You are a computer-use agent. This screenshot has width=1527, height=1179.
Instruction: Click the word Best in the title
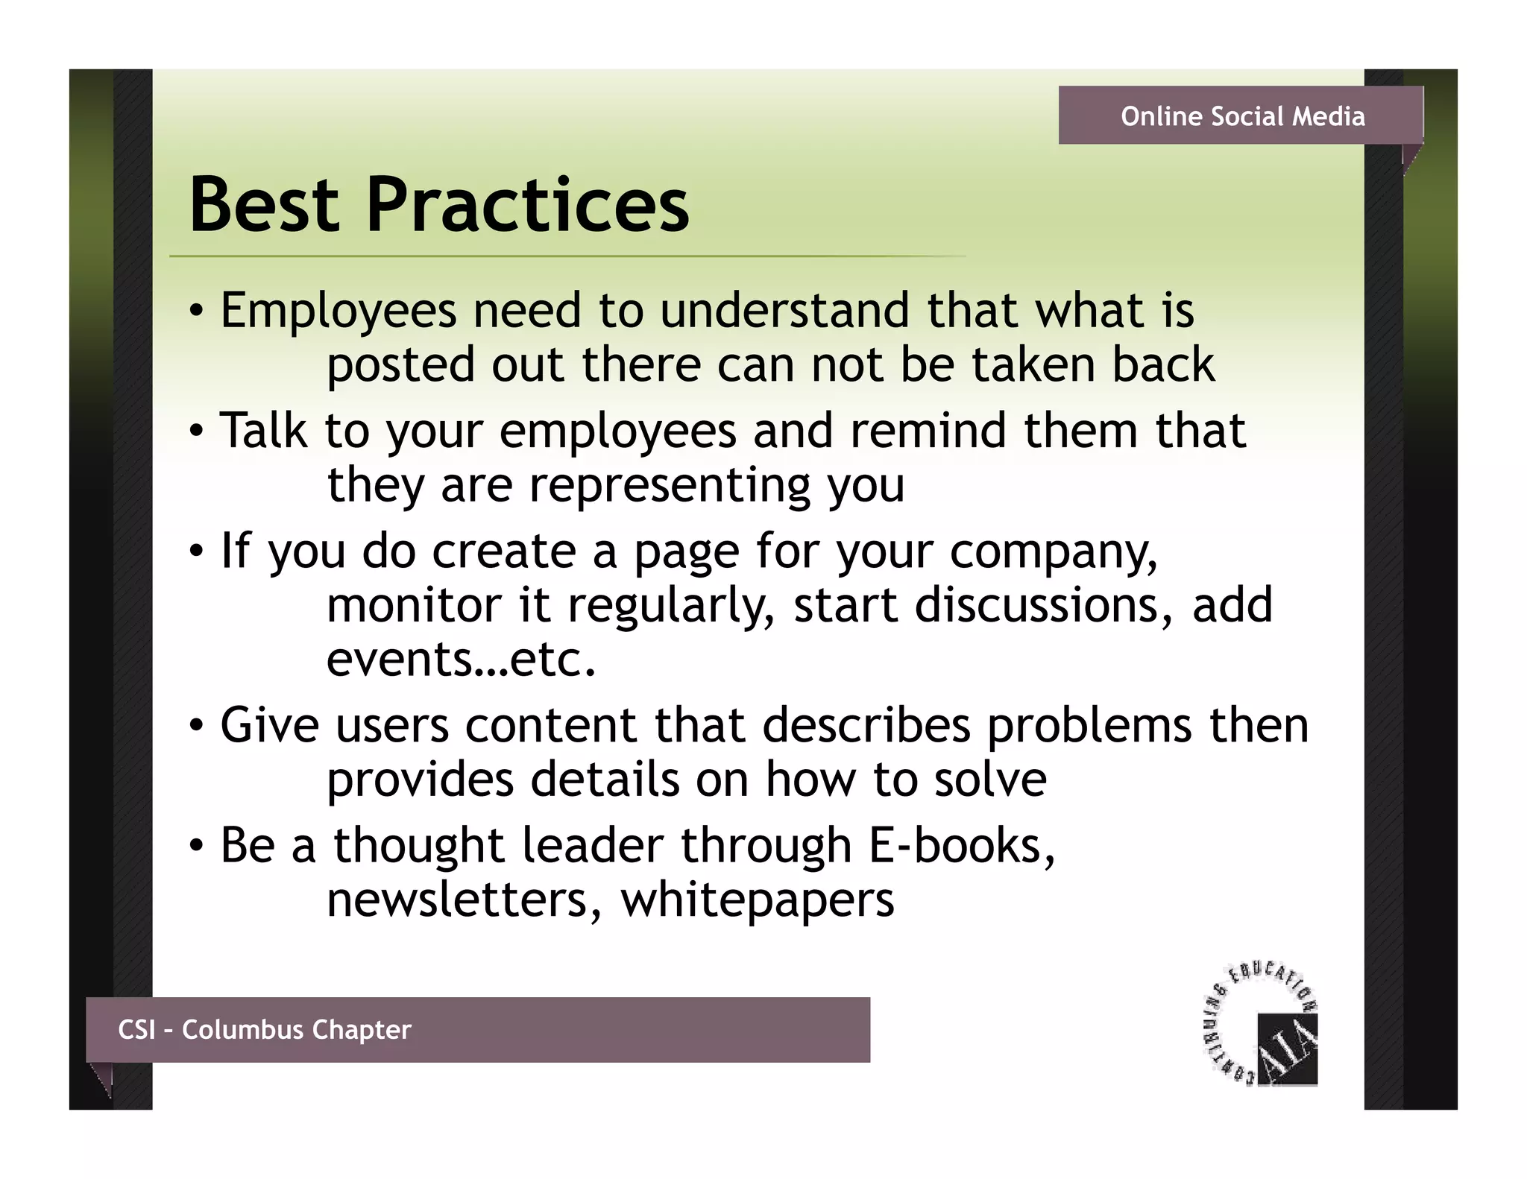(264, 205)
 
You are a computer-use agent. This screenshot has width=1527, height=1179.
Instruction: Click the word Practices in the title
(528, 205)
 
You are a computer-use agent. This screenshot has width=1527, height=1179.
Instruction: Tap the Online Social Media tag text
(1242, 116)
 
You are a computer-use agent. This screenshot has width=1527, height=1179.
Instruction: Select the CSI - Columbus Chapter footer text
(264, 1029)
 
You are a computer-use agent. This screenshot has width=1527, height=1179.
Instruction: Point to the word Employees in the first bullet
(338, 311)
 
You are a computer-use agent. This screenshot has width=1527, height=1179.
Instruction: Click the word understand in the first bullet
(784, 311)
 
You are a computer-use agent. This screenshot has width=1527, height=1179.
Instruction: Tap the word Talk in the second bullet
(263, 431)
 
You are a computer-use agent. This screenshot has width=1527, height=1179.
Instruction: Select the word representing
(669, 486)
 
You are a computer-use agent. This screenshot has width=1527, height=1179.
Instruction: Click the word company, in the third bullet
(1054, 551)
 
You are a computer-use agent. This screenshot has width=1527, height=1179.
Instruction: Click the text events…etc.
(462, 660)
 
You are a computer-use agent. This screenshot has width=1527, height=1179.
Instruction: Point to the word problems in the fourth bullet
(1089, 725)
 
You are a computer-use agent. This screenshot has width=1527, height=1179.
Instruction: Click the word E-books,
(963, 846)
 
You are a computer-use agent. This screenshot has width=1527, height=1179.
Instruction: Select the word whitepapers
(758, 900)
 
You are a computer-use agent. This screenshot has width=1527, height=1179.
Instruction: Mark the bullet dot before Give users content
(195, 725)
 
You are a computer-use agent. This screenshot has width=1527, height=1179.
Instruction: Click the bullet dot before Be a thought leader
(195, 846)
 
